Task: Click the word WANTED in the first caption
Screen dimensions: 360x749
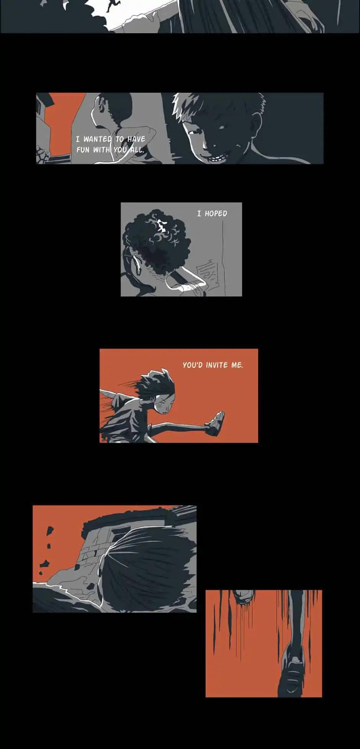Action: pos(98,139)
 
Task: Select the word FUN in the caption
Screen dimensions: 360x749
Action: pos(83,150)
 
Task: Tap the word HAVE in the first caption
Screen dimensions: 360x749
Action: pos(136,139)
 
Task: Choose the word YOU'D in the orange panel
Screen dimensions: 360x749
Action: pos(193,365)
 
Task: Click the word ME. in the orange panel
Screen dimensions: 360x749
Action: pos(237,365)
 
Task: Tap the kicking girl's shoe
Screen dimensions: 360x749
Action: pos(216,423)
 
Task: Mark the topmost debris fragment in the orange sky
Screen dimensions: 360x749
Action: pos(50,531)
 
